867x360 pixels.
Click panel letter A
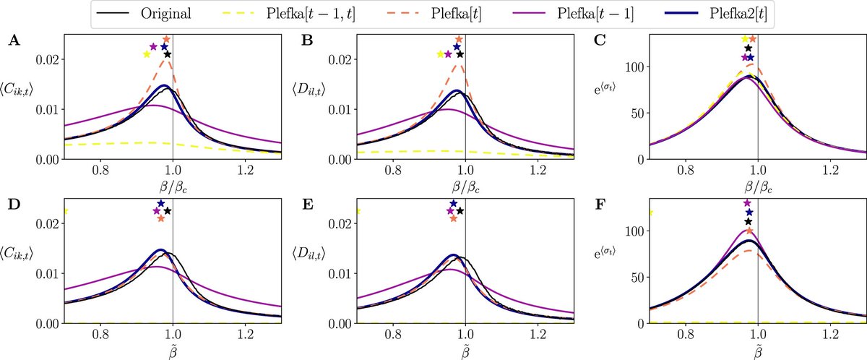(13, 42)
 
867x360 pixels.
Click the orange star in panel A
(167, 39)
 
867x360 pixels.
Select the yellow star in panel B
(440, 54)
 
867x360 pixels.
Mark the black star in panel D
(168, 211)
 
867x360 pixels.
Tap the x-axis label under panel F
(757, 351)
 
